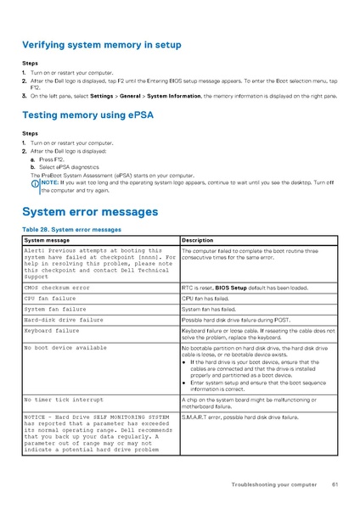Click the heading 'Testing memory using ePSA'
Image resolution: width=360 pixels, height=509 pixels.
pyautogui.click(x=87, y=115)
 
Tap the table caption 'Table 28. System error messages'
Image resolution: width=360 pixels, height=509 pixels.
pyautogui.click(x=71, y=230)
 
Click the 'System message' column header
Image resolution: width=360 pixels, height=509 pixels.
pyautogui.click(x=47, y=241)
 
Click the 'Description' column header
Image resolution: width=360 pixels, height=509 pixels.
pyautogui.click(x=198, y=241)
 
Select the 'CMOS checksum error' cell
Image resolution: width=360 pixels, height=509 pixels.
pyautogui.click(x=56, y=288)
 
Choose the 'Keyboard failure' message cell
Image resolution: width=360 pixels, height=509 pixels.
pyautogui.click(x=51, y=331)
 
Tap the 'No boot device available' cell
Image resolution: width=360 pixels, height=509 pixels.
pyautogui.click(x=65, y=348)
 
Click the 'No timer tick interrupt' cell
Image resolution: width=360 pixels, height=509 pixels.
pyautogui.click(x=64, y=398)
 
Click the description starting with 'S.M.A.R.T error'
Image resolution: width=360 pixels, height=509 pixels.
pyautogui.click(x=240, y=417)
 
